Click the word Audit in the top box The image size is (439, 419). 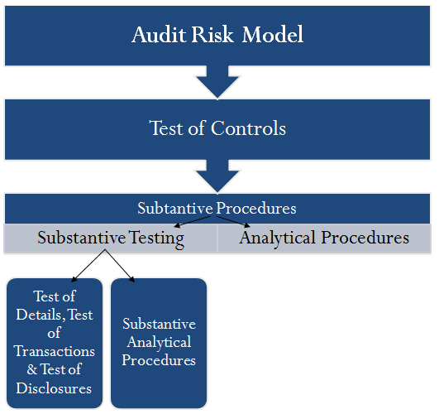[x=159, y=35]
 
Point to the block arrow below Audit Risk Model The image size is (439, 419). [x=217, y=82]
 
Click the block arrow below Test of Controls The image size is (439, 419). [x=217, y=176]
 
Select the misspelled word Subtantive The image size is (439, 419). [x=175, y=208]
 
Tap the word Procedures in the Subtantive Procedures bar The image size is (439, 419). [x=255, y=208]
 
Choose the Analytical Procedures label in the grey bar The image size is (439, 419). [x=324, y=238]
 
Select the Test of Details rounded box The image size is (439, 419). [x=55, y=343]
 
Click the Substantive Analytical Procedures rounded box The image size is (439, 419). [x=159, y=343]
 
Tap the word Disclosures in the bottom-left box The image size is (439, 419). [x=55, y=388]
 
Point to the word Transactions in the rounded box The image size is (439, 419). [x=55, y=350]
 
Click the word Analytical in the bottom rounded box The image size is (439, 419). [x=159, y=342]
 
